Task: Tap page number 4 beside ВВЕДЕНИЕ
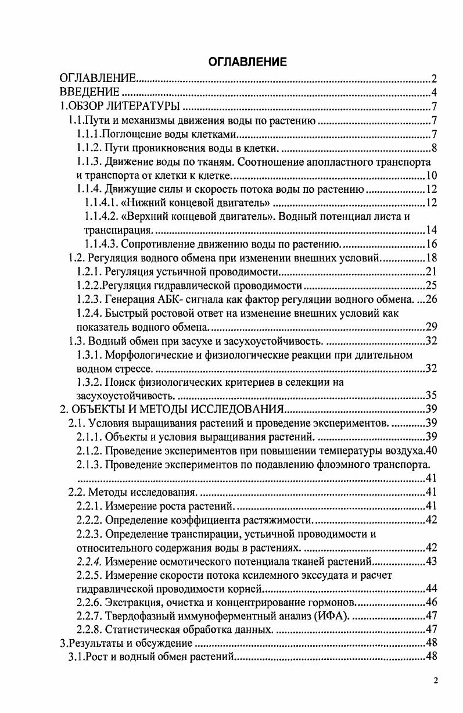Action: pos(433,92)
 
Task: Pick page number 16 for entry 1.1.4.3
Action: pos(430,244)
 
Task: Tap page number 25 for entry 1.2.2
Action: pos(430,285)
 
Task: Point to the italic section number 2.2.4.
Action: pos(89,561)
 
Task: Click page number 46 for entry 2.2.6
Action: pos(430,602)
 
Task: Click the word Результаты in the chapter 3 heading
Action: pos(97,643)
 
